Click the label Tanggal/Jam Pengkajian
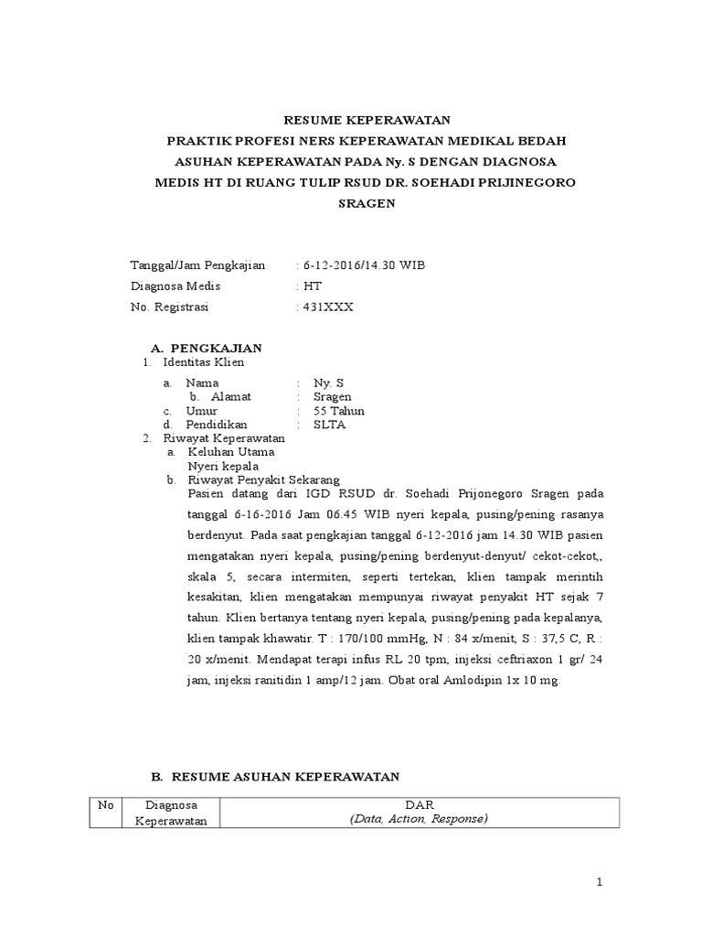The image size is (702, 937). (197, 265)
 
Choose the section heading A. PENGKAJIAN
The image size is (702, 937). (206, 348)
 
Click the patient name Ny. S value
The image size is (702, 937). (329, 382)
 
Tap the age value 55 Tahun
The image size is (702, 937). (338, 411)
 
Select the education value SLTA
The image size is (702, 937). (329, 425)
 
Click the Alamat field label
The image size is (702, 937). (230, 396)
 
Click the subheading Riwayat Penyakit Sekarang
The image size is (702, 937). (263, 479)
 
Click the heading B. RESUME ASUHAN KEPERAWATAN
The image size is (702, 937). (275, 776)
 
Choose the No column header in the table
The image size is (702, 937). (105, 805)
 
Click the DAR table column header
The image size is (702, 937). (418, 805)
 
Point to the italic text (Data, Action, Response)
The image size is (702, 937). (418, 819)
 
